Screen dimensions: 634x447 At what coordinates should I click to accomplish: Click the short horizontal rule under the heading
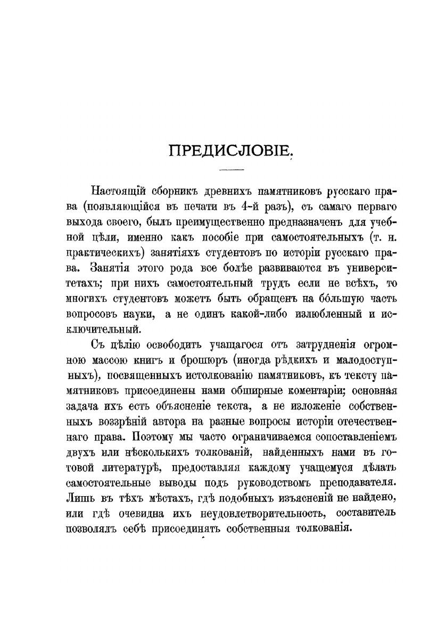tap(231, 170)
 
